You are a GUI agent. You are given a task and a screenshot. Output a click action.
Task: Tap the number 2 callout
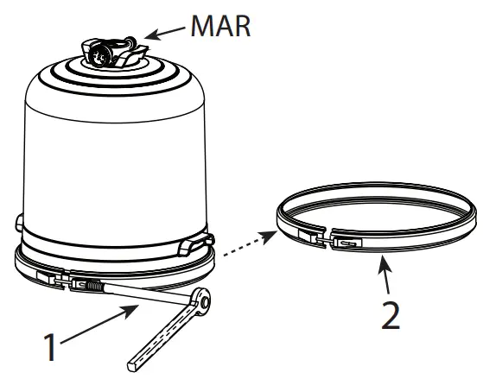tap(391, 314)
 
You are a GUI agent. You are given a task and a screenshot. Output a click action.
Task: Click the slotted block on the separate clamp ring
tap(346, 245)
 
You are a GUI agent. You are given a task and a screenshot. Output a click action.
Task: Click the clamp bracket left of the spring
tap(49, 278)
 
